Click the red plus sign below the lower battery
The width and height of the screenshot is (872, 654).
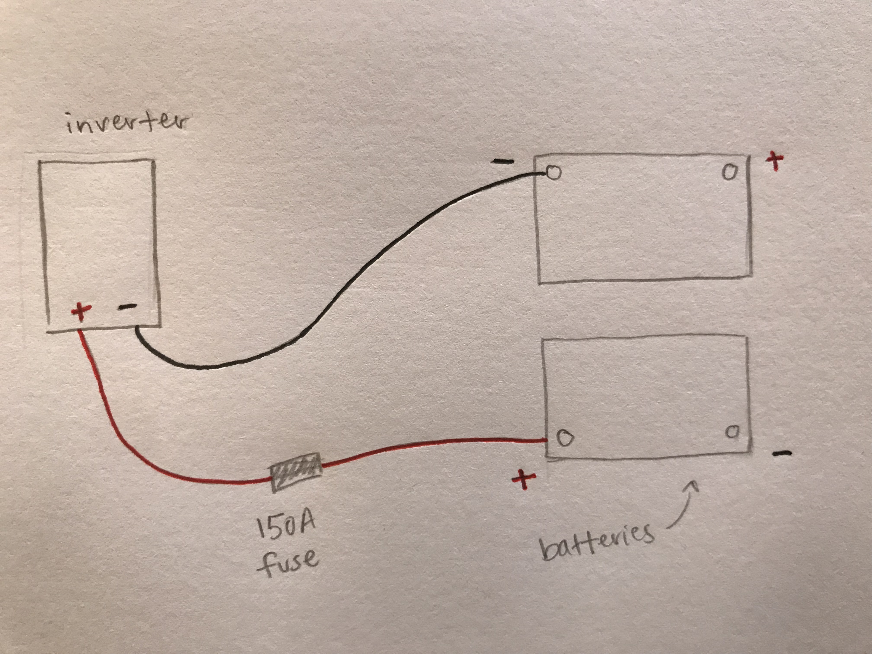(524, 479)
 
